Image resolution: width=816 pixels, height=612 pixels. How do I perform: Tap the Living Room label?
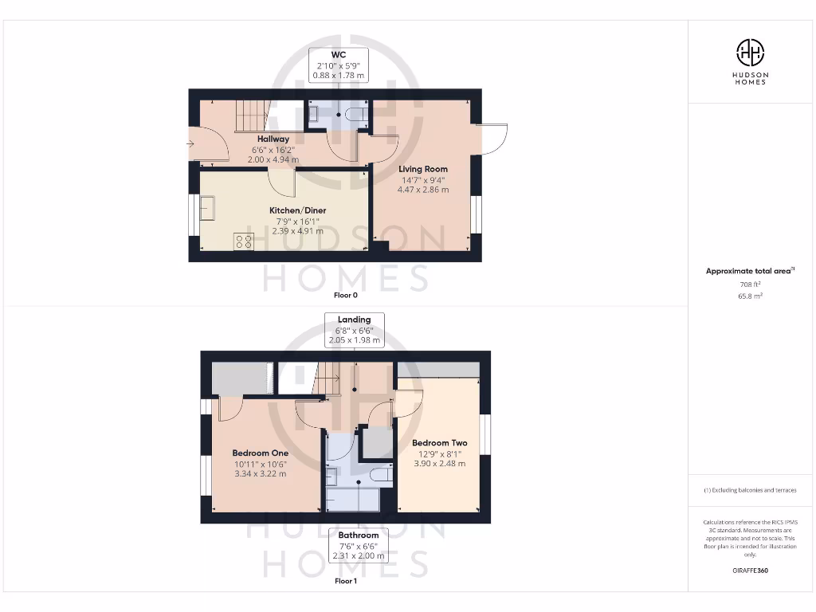423,169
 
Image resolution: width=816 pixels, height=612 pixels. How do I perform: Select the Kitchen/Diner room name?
297,210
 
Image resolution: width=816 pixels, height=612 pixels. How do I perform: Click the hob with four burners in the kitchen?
244,241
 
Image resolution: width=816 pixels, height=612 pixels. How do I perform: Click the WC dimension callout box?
338,65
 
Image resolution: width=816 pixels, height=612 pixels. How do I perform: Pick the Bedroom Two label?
439,443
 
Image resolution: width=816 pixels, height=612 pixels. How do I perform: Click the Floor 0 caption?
345,295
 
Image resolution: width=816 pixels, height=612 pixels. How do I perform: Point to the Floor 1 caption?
345,581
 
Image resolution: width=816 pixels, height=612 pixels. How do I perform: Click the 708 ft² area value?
749,284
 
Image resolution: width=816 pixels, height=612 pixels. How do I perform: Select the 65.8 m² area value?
749,296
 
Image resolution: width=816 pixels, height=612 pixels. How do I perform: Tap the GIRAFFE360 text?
749,571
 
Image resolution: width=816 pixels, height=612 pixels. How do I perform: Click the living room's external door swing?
493,139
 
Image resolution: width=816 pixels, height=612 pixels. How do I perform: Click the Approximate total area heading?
749,271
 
